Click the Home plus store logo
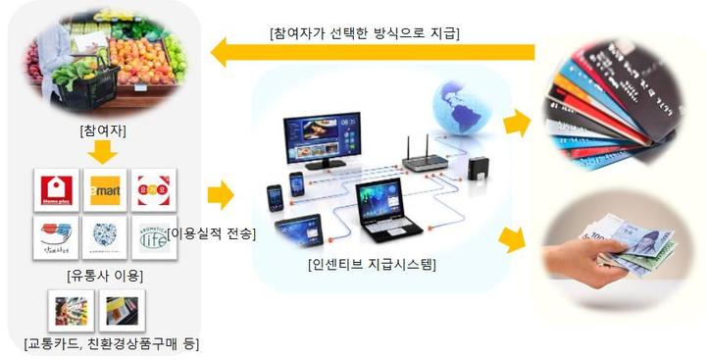click(56, 189)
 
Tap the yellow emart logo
click(105, 189)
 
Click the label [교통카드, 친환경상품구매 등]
click(110, 344)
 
